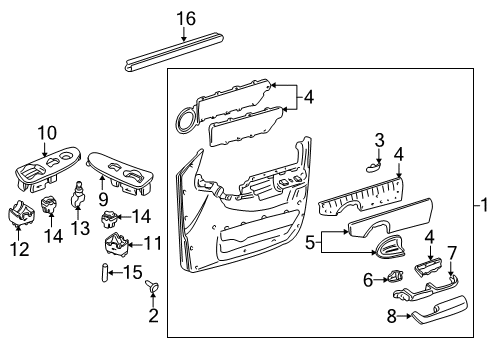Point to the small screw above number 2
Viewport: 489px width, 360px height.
coord(154,288)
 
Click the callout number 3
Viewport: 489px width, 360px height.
coord(379,139)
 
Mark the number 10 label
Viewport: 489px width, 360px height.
coord(48,132)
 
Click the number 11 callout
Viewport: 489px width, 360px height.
coord(152,242)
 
